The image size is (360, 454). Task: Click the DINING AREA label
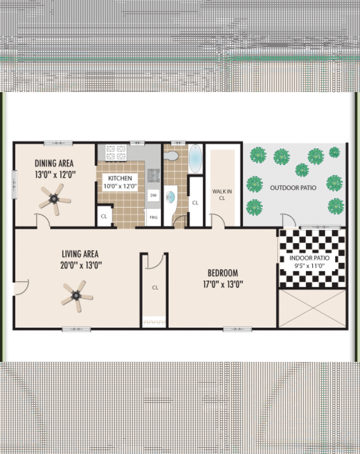pyautogui.click(x=55, y=164)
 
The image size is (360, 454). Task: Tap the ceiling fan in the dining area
pyautogui.click(x=55, y=198)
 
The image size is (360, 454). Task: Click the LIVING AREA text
pyautogui.click(x=80, y=254)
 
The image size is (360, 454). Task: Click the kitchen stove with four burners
pyautogui.click(x=116, y=152)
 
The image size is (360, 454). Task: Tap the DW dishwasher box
pyautogui.click(x=153, y=195)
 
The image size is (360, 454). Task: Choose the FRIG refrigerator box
pyautogui.click(x=153, y=216)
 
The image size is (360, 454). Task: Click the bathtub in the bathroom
pyautogui.click(x=195, y=158)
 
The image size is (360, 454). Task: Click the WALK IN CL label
pyautogui.click(x=222, y=194)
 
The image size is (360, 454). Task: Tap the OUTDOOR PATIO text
pyautogui.click(x=293, y=188)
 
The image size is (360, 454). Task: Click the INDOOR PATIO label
pyautogui.click(x=310, y=258)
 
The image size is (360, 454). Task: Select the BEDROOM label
pyautogui.click(x=223, y=274)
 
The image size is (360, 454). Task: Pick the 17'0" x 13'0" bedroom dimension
pyautogui.click(x=223, y=284)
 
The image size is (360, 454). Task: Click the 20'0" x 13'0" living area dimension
pyautogui.click(x=80, y=265)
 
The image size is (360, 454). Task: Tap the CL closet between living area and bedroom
pyautogui.click(x=154, y=287)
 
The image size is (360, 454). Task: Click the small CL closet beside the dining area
pyautogui.click(x=104, y=216)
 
